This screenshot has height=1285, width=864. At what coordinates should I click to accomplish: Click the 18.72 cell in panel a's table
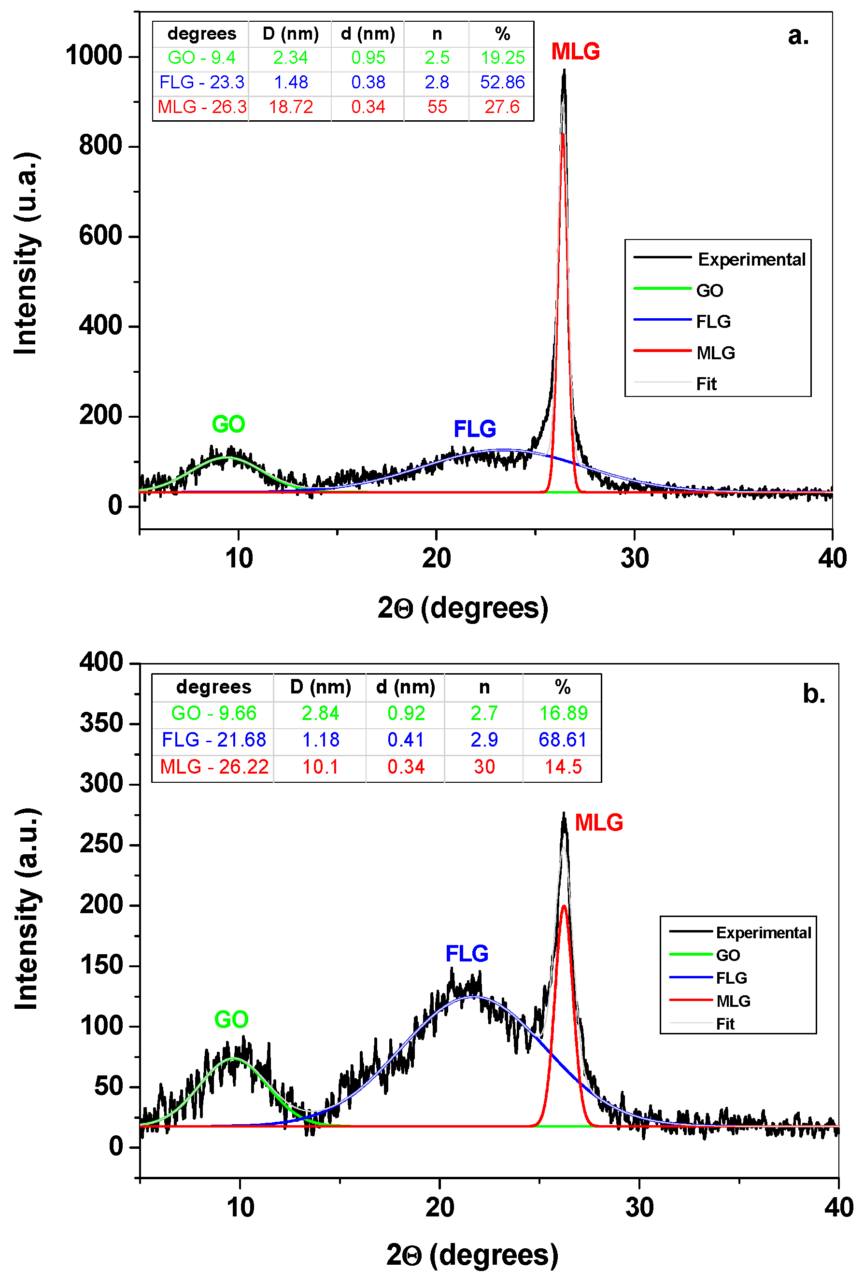290,106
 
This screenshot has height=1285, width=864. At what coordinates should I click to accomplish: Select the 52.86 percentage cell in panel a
502,82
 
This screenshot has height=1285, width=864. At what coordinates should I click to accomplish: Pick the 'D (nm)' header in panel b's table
320,687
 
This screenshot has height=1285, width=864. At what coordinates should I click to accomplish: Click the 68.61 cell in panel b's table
563,739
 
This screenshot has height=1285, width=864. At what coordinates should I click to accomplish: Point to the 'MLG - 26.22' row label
214,766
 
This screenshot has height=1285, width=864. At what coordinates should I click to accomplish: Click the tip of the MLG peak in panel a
564,71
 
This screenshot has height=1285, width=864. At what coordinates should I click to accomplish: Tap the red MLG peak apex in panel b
564,906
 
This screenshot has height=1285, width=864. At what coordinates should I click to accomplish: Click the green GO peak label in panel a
228,424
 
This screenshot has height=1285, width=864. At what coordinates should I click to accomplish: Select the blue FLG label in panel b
467,953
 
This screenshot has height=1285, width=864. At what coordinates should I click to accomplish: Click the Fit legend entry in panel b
725,1024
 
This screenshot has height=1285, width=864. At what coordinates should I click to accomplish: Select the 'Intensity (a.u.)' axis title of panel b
26,909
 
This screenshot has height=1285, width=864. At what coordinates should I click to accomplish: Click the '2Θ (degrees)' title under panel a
463,608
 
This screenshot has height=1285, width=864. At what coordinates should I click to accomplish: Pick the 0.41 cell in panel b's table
406,739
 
